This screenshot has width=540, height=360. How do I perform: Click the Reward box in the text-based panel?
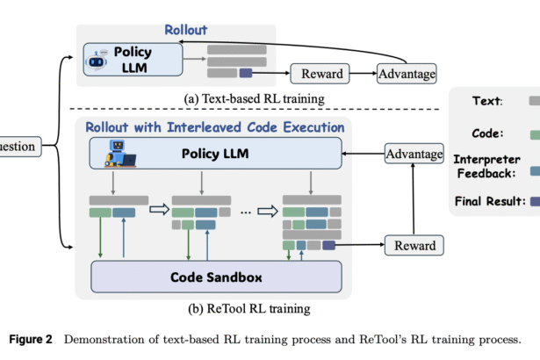tap(320, 74)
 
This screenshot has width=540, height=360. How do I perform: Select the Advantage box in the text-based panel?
tap(407, 74)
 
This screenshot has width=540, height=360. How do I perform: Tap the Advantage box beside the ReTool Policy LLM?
tap(414, 154)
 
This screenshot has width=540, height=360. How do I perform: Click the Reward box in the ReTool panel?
tap(414, 245)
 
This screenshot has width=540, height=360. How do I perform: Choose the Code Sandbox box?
tap(216, 277)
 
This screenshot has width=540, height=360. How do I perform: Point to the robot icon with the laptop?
tap(120, 154)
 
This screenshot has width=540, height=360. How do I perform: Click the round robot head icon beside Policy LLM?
tap(97, 60)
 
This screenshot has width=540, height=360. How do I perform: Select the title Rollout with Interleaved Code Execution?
tap(215, 127)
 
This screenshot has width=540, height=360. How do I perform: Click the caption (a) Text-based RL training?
tap(254, 99)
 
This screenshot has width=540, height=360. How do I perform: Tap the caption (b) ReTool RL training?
tap(249, 308)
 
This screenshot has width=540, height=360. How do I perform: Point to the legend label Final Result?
tap(490, 201)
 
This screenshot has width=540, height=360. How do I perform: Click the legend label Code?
tap(487, 133)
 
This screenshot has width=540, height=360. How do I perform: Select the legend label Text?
tap(487, 101)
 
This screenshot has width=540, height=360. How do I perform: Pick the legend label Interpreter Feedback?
tap(486, 167)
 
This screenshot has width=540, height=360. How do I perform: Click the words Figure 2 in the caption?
tap(31, 339)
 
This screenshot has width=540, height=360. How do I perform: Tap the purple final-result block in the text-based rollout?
tap(246, 73)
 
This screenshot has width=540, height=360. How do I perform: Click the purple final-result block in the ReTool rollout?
tap(328, 245)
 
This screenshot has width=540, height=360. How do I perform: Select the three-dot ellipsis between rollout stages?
tap(246, 212)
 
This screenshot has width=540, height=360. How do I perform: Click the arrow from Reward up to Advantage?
tap(414, 199)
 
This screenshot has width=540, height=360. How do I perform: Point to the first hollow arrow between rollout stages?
tap(160, 210)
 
